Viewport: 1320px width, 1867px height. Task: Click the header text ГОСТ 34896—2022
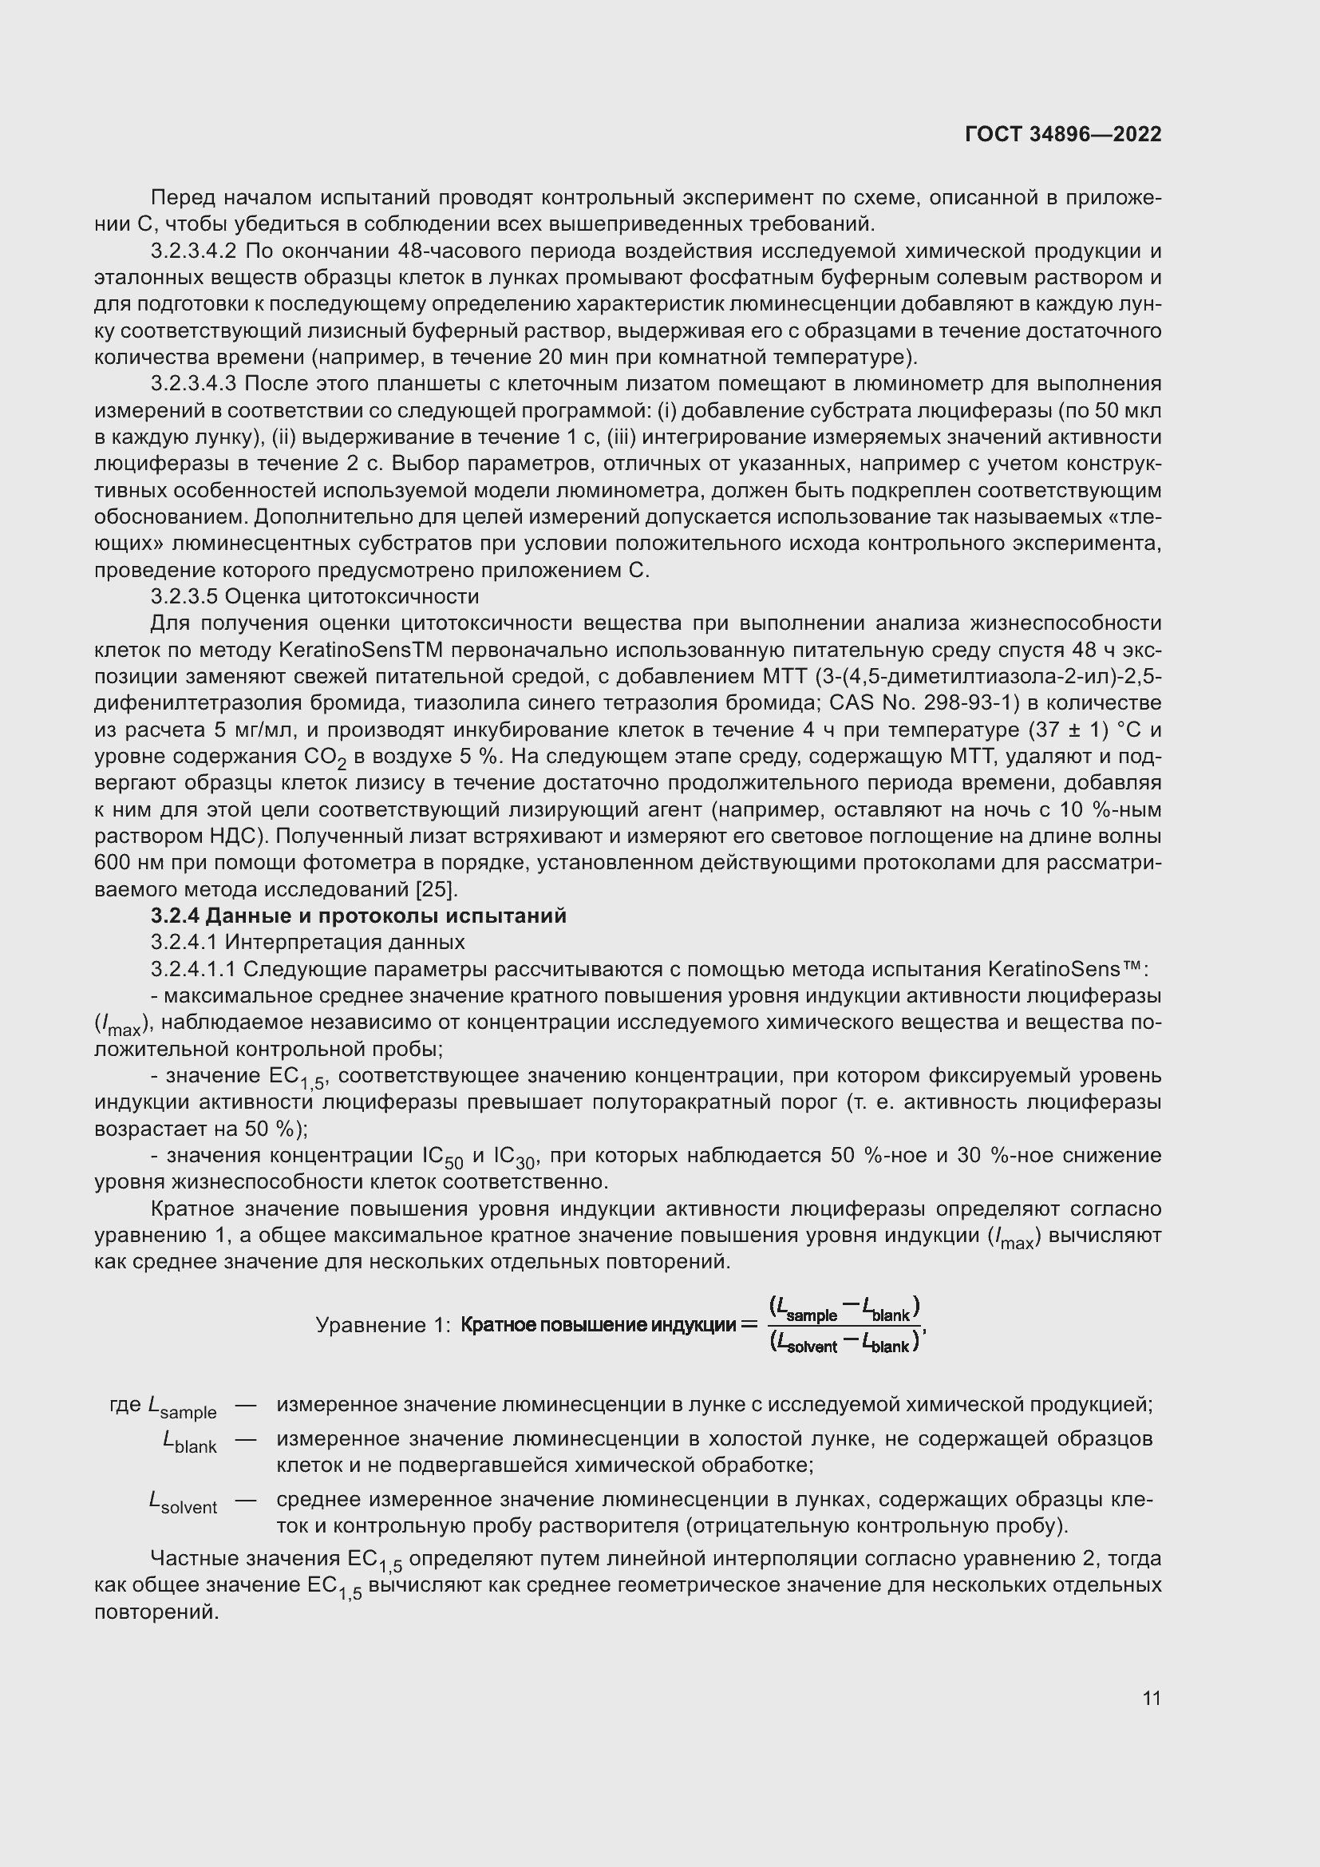(x=1062, y=134)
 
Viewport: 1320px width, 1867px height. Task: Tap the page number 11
(x=1151, y=1698)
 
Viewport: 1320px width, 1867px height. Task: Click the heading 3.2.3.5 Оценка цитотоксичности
(x=314, y=597)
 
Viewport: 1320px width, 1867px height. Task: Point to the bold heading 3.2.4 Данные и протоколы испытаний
(x=358, y=916)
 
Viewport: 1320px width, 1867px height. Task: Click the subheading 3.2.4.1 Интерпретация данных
(x=308, y=943)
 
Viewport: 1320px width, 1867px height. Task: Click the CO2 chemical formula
(x=325, y=757)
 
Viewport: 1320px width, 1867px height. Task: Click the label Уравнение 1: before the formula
(x=382, y=1326)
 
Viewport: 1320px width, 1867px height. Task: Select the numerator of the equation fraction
(x=844, y=1308)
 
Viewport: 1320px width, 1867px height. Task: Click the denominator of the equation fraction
(x=844, y=1343)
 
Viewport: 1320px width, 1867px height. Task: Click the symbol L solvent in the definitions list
(x=183, y=1504)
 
